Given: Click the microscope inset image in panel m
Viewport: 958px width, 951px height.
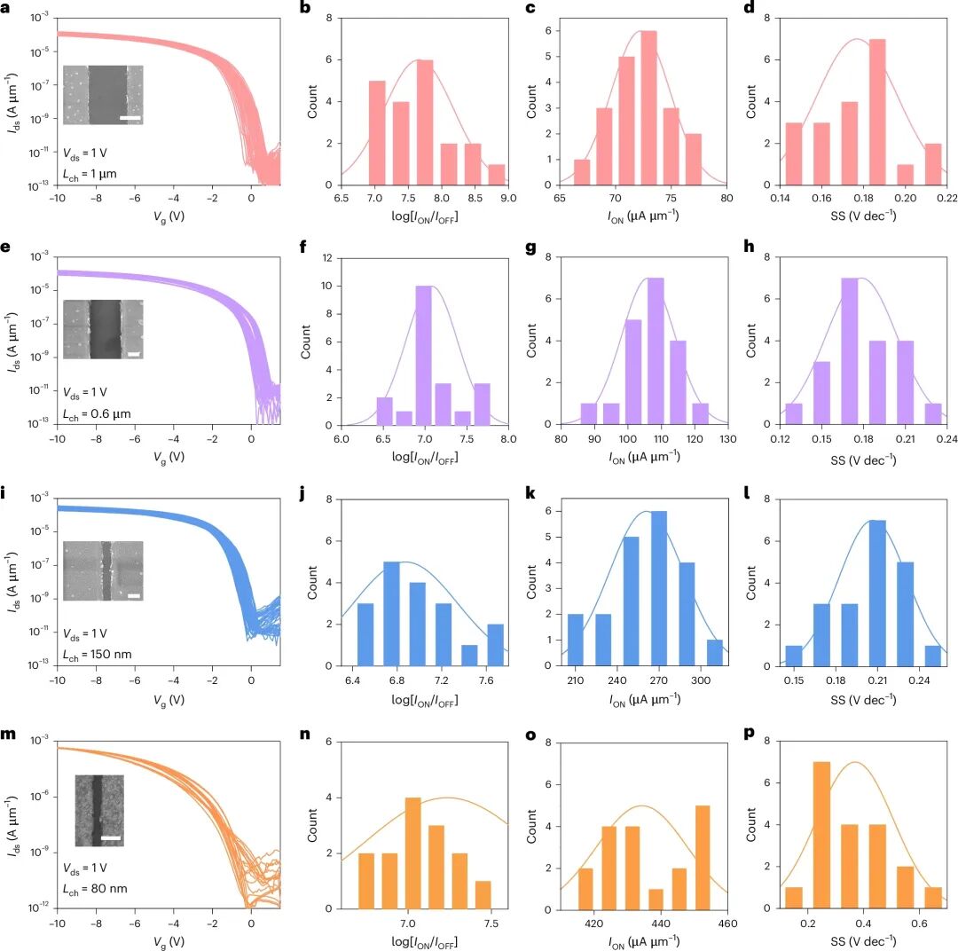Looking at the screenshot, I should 99,811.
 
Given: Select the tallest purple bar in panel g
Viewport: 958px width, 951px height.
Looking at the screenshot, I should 655,350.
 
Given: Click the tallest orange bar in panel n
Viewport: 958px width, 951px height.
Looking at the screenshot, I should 412,853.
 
